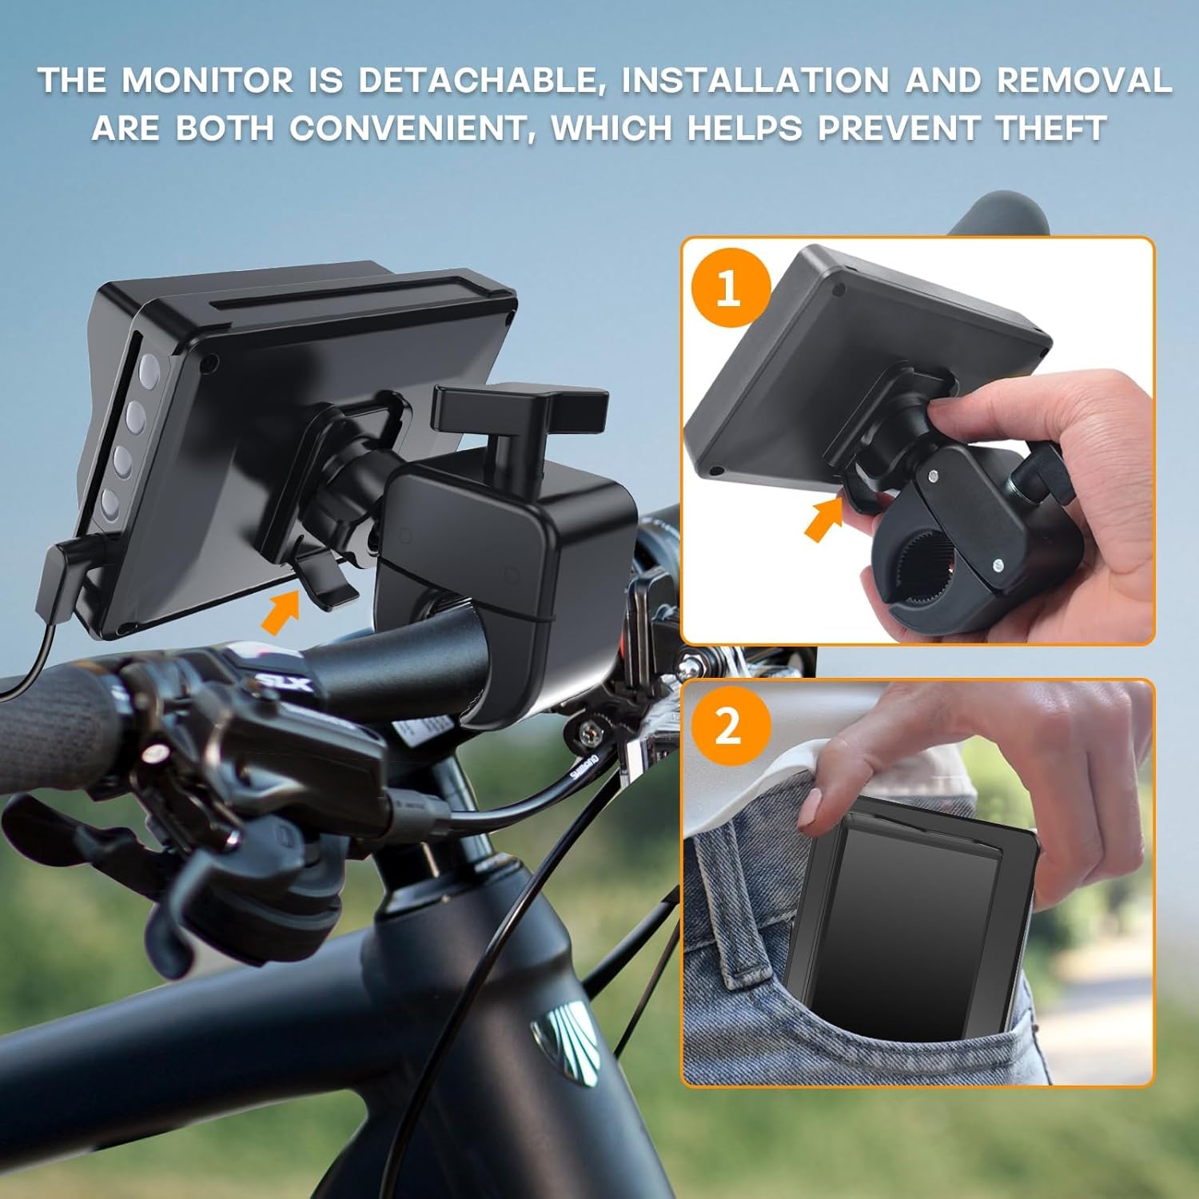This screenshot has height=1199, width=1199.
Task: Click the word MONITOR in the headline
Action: click(x=208, y=81)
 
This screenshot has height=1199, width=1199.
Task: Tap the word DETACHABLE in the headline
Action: click(x=476, y=81)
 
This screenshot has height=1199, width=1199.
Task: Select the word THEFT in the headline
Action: click(x=1051, y=128)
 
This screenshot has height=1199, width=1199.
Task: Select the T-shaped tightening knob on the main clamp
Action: click(x=518, y=408)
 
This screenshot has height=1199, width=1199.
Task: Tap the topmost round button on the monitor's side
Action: click(x=149, y=369)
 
